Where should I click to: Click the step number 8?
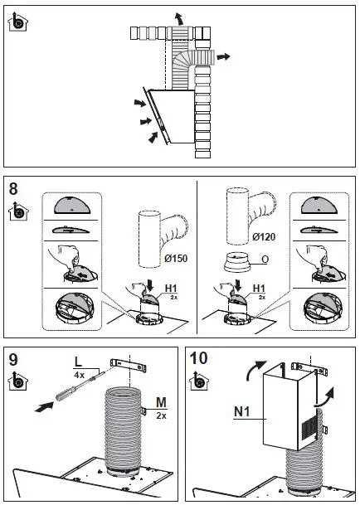coord(13,189)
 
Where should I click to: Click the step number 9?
coord(13,359)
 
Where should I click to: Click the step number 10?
coord(198,358)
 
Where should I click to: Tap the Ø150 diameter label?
coord(176,258)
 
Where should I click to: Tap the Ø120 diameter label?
coord(264,237)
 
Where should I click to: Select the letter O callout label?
coord(265,260)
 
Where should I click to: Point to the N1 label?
coord(242,411)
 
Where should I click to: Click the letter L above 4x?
coord(78,362)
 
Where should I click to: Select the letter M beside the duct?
coord(161,402)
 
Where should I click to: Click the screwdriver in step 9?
coord(80,385)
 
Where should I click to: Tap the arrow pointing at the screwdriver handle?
coord(44,407)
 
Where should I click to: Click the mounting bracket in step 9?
coord(129,365)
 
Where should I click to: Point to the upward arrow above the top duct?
coord(179,19)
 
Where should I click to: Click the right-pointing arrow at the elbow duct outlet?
coord(223,57)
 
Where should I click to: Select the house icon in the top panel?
coord(17,22)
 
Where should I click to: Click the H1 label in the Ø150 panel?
coord(171,289)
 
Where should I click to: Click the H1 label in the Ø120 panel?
coord(259,289)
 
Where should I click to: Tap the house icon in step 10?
coord(199,381)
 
